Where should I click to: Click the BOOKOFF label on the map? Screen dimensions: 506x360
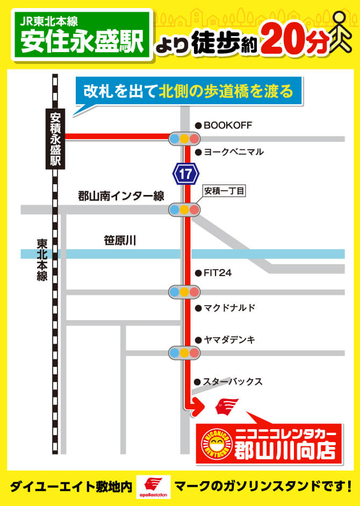[x=227, y=125]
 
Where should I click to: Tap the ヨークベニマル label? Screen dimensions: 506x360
[x=233, y=152]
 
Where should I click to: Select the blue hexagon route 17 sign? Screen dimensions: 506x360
[x=185, y=174]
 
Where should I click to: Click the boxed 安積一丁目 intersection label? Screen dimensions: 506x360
[x=224, y=191]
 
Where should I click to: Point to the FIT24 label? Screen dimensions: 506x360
[x=217, y=273]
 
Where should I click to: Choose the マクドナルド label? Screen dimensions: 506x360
[x=229, y=308]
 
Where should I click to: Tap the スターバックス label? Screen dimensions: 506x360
[x=232, y=382]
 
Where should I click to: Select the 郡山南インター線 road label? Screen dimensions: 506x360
[x=121, y=197]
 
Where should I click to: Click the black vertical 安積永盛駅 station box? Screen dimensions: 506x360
[x=55, y=139]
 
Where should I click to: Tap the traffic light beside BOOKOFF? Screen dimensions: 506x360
[x=184, y=139]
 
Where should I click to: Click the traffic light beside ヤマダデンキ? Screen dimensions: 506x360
[x=184, y=353]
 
